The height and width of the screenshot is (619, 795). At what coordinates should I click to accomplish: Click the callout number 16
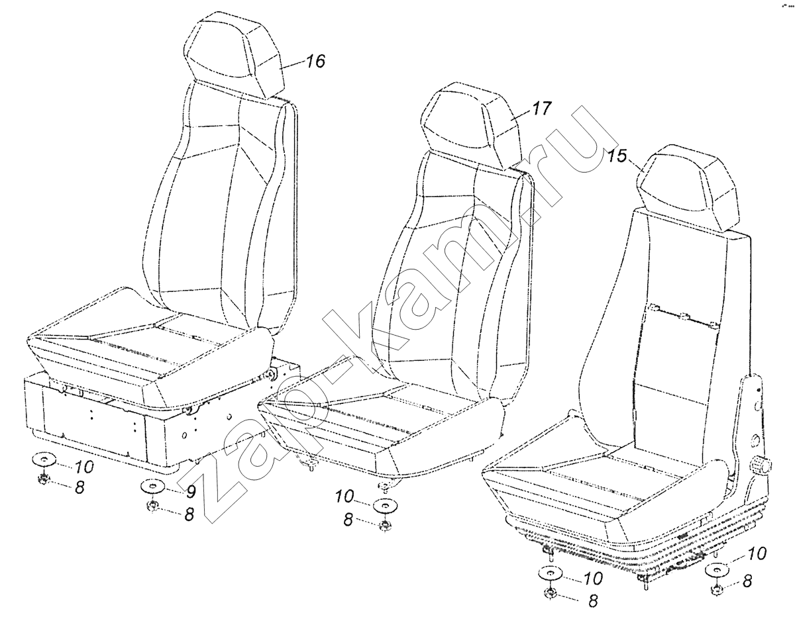(315, 61)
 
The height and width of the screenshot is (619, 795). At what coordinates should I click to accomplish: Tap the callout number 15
(617, 156)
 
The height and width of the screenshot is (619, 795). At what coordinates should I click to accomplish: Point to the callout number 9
(190, 492)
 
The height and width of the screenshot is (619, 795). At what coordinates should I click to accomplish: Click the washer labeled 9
(153, 487)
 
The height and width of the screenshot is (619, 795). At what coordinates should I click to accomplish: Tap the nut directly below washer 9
(151, 506)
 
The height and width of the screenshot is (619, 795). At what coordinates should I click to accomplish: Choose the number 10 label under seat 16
(84, 467)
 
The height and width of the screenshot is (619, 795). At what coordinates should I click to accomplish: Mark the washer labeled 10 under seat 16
(44, 460)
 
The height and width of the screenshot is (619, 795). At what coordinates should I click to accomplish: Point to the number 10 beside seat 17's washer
(344, 497)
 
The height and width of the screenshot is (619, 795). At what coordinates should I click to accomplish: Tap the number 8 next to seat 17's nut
(348, 519)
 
